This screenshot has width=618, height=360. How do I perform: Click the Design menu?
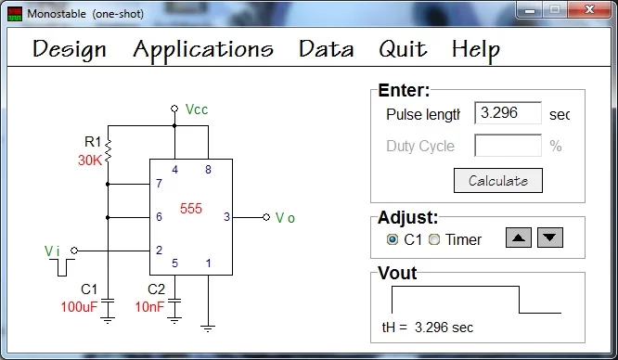click(x=70, y=50)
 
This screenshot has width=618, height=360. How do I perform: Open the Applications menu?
click(x=203, y=50)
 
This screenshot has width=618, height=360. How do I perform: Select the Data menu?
click(x=326, y=49)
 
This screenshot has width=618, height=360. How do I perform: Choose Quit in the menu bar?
click(x=403, y=49)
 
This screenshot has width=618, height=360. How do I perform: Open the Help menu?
click(x=476, y=50)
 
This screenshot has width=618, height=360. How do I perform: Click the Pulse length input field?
click(x=508, y=113)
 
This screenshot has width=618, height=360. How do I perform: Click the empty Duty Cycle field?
click(x=508, y=146)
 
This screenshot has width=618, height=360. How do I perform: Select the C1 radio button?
click(x=393, y=239)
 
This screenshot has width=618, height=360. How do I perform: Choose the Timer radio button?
click(x=434, y=239)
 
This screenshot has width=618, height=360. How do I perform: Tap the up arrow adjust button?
click(x=519, y=238)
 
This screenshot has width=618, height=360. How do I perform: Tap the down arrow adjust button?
click(x=550, y=238)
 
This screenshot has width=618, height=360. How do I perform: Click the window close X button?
click(x=589, y=9)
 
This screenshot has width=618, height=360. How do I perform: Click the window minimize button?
click(x=530, y=9)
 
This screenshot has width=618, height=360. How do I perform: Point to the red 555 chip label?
click(x=191, y=208)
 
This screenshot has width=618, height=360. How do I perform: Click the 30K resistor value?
click(x=90, y=161)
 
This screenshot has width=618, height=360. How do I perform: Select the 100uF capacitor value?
click(x=79, y=307)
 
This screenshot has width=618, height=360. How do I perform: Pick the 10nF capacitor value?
click(x=149, y=307)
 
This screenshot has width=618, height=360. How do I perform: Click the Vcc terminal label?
click(x=197, y=109)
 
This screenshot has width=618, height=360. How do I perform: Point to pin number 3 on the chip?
click(x=226, y=216)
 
